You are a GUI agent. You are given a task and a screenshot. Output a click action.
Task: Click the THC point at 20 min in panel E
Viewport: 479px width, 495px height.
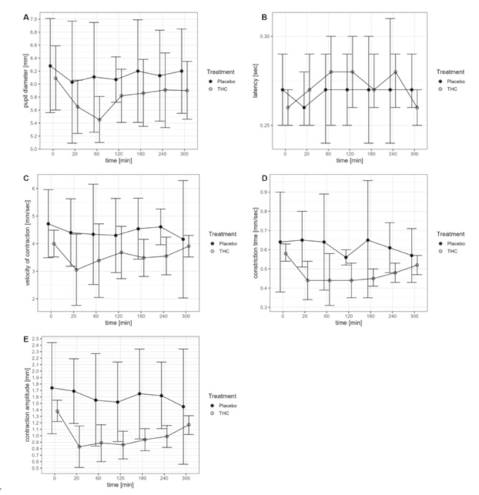pos(79,447)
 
